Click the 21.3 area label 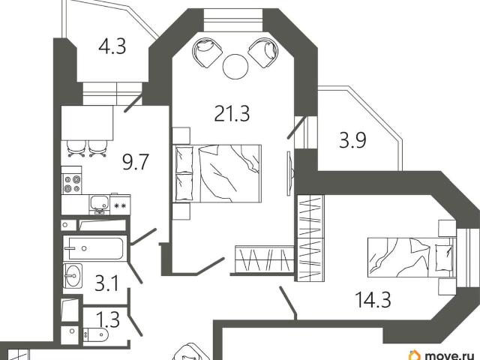click(232, 113)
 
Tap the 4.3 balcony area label click(112, 47)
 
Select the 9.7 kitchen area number click(135, 162)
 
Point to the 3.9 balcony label click(352, 141)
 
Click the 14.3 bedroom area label click(373, 299)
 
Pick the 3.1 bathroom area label click(106, 283)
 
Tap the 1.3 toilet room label click(108, 319)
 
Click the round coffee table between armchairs click(235, 66)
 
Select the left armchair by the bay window click(207, 52)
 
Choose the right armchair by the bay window click(263, 52)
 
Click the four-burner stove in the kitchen click(72, 184)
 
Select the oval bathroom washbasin click(73, 275)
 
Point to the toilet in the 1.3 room click(95, 335)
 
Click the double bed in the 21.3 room click(217, 173)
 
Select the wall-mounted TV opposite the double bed click(290, 173)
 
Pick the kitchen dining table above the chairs click(87, 123)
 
